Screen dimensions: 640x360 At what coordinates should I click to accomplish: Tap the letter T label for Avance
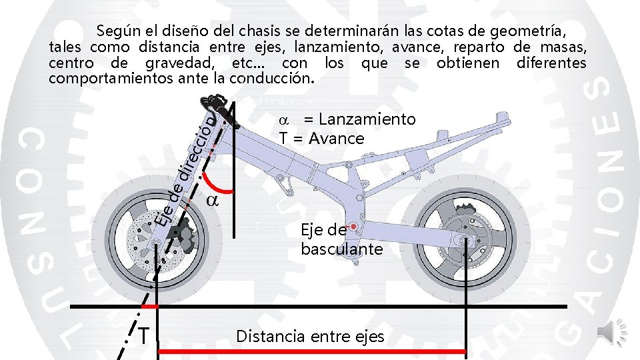coord(143,335)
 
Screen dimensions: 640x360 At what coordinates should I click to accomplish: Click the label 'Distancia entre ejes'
coord(310,337)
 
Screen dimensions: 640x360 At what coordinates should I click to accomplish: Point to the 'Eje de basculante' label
coord(341,240)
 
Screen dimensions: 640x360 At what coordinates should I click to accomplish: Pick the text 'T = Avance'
coord(321,139)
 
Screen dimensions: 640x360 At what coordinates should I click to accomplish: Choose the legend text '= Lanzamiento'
coord(359,119)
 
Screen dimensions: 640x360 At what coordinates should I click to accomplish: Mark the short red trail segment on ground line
coord(149,307)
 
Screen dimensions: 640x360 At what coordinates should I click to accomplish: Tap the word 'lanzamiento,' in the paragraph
coord(350,47)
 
